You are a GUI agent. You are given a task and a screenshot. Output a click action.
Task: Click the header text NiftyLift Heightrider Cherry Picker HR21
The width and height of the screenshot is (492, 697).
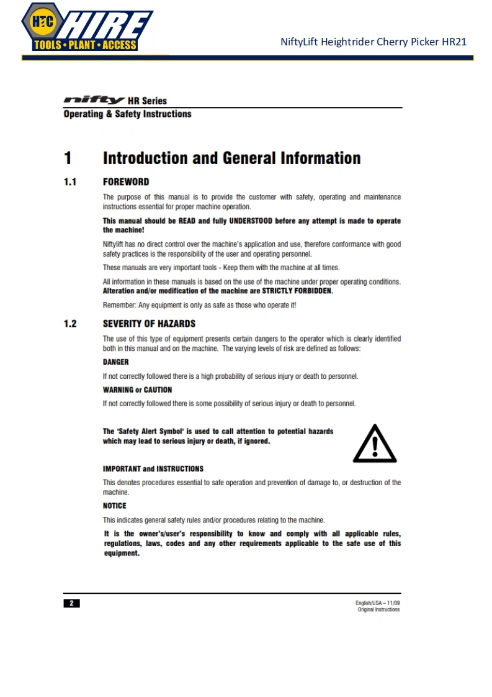pos(373,42)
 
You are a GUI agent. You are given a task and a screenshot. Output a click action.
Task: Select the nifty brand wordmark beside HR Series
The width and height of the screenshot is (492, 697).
pos(94,101)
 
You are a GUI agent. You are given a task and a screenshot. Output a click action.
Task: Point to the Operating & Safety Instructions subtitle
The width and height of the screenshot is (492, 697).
pos(127,114)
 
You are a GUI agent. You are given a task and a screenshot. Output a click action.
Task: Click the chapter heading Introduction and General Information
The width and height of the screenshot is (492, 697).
pos(231,158)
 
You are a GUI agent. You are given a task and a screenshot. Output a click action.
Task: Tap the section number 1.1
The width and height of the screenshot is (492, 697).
pos(70,182)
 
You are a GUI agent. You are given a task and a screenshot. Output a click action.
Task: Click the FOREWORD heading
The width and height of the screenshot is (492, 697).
pos(126,182)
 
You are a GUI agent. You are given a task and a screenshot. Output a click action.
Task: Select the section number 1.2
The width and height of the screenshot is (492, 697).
pos(70,324)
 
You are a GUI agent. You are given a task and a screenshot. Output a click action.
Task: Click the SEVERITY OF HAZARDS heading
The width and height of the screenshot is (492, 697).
pos(149,324)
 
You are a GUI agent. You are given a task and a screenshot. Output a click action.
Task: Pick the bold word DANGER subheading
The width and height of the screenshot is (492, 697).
pos(115,362)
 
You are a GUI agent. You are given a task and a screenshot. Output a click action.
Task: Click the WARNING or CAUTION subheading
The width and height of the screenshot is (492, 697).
pos(137,390)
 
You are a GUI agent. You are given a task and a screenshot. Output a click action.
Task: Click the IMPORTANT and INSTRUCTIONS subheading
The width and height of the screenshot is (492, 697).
pos(153,468)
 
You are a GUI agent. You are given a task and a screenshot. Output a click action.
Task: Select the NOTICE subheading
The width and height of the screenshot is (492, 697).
pos(114,506)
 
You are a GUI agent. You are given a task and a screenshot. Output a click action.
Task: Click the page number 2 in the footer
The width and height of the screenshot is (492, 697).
pos(71,603)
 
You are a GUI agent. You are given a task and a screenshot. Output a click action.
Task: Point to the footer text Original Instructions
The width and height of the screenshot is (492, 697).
pos(378,609)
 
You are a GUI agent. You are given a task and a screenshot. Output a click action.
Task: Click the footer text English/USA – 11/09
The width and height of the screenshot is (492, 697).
pos(378,603)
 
